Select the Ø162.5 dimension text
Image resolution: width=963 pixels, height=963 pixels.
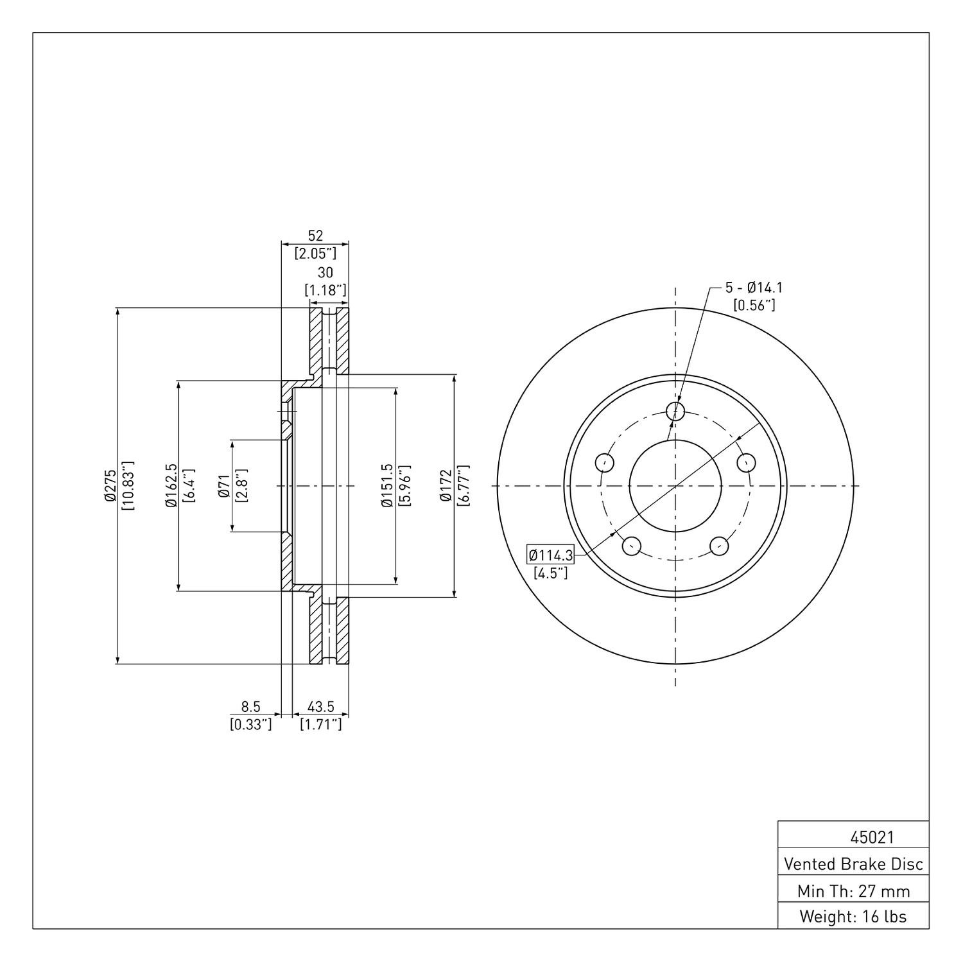coord(171,485)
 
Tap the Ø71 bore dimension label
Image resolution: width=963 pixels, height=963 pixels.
coord(224,486)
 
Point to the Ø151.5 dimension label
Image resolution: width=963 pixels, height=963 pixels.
coord(386,485)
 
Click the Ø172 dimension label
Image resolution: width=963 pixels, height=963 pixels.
coord(446,485)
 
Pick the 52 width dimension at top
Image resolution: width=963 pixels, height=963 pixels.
coord(315,235)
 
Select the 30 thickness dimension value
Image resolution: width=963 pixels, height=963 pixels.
coord(325,273)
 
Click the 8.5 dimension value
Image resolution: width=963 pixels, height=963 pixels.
coord(250,707)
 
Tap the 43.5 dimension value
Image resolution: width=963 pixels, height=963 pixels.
coord(320,707)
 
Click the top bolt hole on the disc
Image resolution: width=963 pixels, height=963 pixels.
coord(675,411)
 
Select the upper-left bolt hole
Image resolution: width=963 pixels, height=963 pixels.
coord(605,462)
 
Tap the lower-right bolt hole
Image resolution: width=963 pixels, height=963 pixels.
coord(719,546)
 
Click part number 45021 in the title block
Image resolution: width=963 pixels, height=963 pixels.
coord(872,838)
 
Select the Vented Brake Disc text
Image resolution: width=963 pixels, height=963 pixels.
coord(853,864)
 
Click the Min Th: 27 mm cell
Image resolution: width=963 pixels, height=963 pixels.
coord(853,891)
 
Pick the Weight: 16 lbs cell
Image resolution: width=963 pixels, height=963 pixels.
coord(853,916)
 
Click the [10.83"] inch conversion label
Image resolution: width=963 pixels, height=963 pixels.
coord(128,485)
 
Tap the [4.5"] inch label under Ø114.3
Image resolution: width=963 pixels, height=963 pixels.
coord(551,573)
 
